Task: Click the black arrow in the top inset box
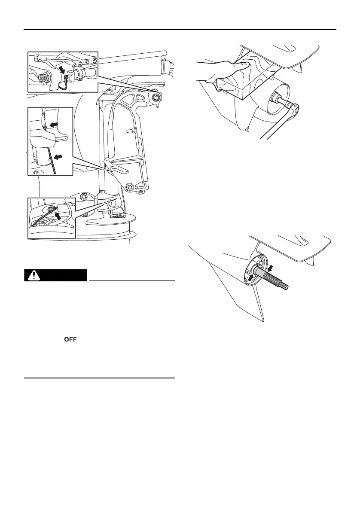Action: tap(63, 69)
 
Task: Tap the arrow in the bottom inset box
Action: tap(55, 216)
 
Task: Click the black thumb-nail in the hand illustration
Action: tap(220, 90)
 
